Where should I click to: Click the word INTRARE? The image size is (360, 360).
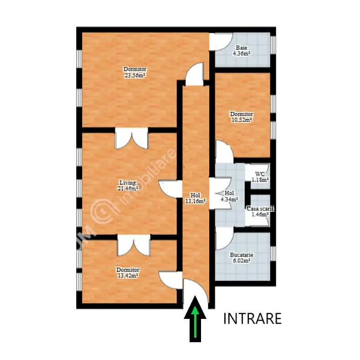pyautogui.click(x=252, y=318)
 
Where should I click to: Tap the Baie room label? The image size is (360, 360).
pyautogui.click(x=242, y=48)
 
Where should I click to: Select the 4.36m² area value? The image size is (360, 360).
pyautogui.click(x=242, y=53)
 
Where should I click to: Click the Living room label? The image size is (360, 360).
pyautogui.click(x=127, y=183)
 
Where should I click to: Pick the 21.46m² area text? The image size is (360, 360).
pyautogui.click(x=127, y=189)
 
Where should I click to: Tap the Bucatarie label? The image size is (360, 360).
pyautogui.click(x=242, y=254)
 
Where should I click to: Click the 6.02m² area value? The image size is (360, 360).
pyautogui.click(x=242, y=260)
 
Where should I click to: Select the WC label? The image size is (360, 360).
pyautogui.click(x=260, y=174)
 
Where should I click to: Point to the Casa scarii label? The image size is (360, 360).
pyautogui.click(x=260, y=209)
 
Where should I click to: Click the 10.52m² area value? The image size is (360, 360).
pyautogui.click(x=242, y=120)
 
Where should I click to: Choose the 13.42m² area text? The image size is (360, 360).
pyautogui.click(x=127, y=275)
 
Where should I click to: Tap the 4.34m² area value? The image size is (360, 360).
pyautogui.click(x=229, y=199)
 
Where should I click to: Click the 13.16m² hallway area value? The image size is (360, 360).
pyautogui.click(x=195, y=201)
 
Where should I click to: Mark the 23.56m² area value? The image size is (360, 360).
pyautogui.click(x=135, y=75)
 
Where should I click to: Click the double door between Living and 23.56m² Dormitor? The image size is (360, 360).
pyautogui.click(x=132, y=138)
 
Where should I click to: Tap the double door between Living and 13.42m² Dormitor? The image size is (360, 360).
pyautogui.click(x=134, y=245)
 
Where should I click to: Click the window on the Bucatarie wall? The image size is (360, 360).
pyautogui.click(x=273, y=254)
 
